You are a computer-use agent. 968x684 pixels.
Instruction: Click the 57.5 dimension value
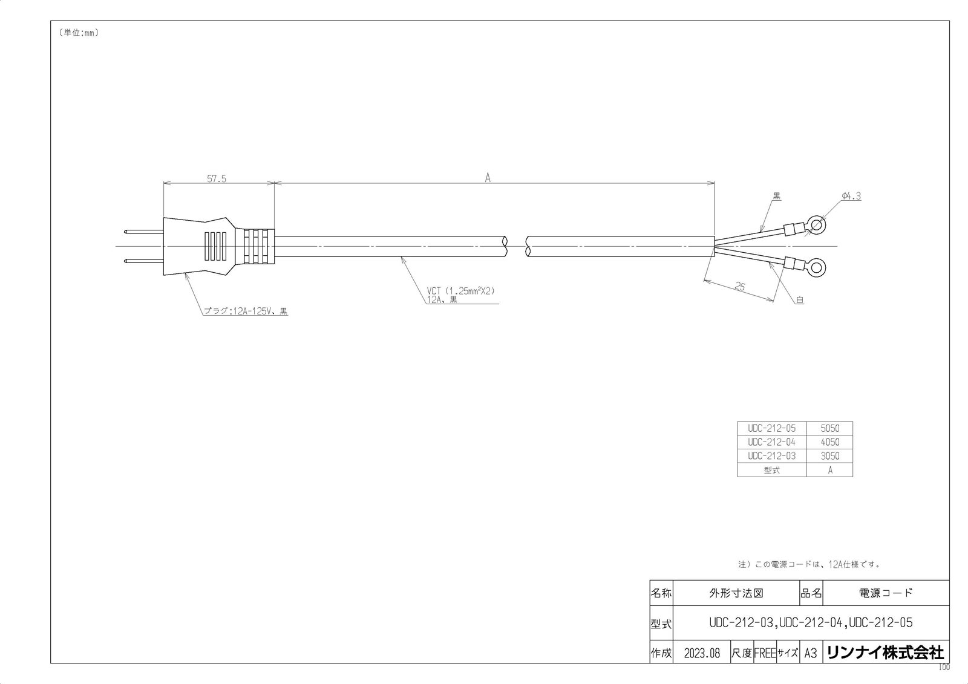click(216, 179)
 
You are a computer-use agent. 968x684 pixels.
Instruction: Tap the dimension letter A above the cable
click(487, 178)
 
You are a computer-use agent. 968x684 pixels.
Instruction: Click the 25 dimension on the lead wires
click(739, 287)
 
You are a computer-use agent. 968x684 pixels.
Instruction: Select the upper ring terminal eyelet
click(817, 226)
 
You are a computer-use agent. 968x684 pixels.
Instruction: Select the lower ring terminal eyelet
click(817, 266)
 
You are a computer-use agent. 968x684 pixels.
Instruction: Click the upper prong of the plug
click(143, 232)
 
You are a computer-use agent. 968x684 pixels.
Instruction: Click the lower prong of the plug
click(143, 261)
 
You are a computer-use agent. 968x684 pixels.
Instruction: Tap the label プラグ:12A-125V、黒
click(245, 311)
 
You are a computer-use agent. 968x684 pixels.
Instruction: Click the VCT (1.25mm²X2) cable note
click(460, 291)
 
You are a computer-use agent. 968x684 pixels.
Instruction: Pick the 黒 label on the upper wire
click(777, 197)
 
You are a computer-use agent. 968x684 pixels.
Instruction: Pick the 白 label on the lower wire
click(800, 299)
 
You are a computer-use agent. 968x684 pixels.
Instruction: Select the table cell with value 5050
click(829, 428)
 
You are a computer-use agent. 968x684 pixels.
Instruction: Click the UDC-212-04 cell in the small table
click(771, 442)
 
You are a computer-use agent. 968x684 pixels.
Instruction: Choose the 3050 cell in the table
click(829, 456)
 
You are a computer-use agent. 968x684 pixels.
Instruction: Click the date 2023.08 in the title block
click(702, 653)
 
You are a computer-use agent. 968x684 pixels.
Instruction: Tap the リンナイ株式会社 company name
click(885, 653)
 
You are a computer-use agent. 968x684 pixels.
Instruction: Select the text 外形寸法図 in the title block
click(736, 593)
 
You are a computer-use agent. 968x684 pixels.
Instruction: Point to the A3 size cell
click(811, 653)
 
